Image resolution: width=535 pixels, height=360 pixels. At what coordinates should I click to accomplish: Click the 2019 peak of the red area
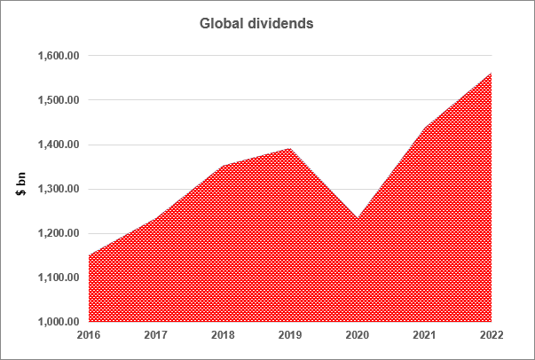tap(290, 148)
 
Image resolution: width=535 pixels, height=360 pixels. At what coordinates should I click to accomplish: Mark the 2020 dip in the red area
tap(358, 217)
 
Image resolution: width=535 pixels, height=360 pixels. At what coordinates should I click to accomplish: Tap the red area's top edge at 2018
tap(224, 166)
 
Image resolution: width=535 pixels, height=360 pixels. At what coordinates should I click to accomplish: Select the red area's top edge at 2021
tap(425, 128)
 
